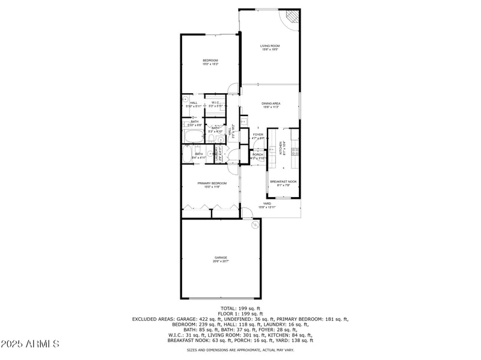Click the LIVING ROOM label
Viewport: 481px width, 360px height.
click(270, 46)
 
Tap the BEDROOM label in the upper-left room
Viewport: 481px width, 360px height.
click(210, 60)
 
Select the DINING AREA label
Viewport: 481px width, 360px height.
click(271, 103)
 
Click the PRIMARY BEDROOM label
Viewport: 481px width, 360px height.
click(212, 183)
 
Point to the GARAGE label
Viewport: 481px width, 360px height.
click(221, 257)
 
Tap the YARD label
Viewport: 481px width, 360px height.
click(267, 204)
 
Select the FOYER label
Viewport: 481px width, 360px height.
click(258, 135)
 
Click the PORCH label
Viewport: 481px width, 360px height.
click(257, 154)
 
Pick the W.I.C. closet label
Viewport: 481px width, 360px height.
click(215, 103)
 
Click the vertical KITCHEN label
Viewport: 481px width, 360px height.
click(281, 147)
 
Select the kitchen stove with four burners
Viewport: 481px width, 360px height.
click(295, 151)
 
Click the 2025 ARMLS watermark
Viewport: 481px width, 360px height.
click(30, 344)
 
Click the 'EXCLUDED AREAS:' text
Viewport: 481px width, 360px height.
click(153, 319)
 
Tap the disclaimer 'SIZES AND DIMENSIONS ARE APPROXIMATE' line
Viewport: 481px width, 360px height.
click(240, 349)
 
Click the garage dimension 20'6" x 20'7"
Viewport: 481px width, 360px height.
click(221, 261)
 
